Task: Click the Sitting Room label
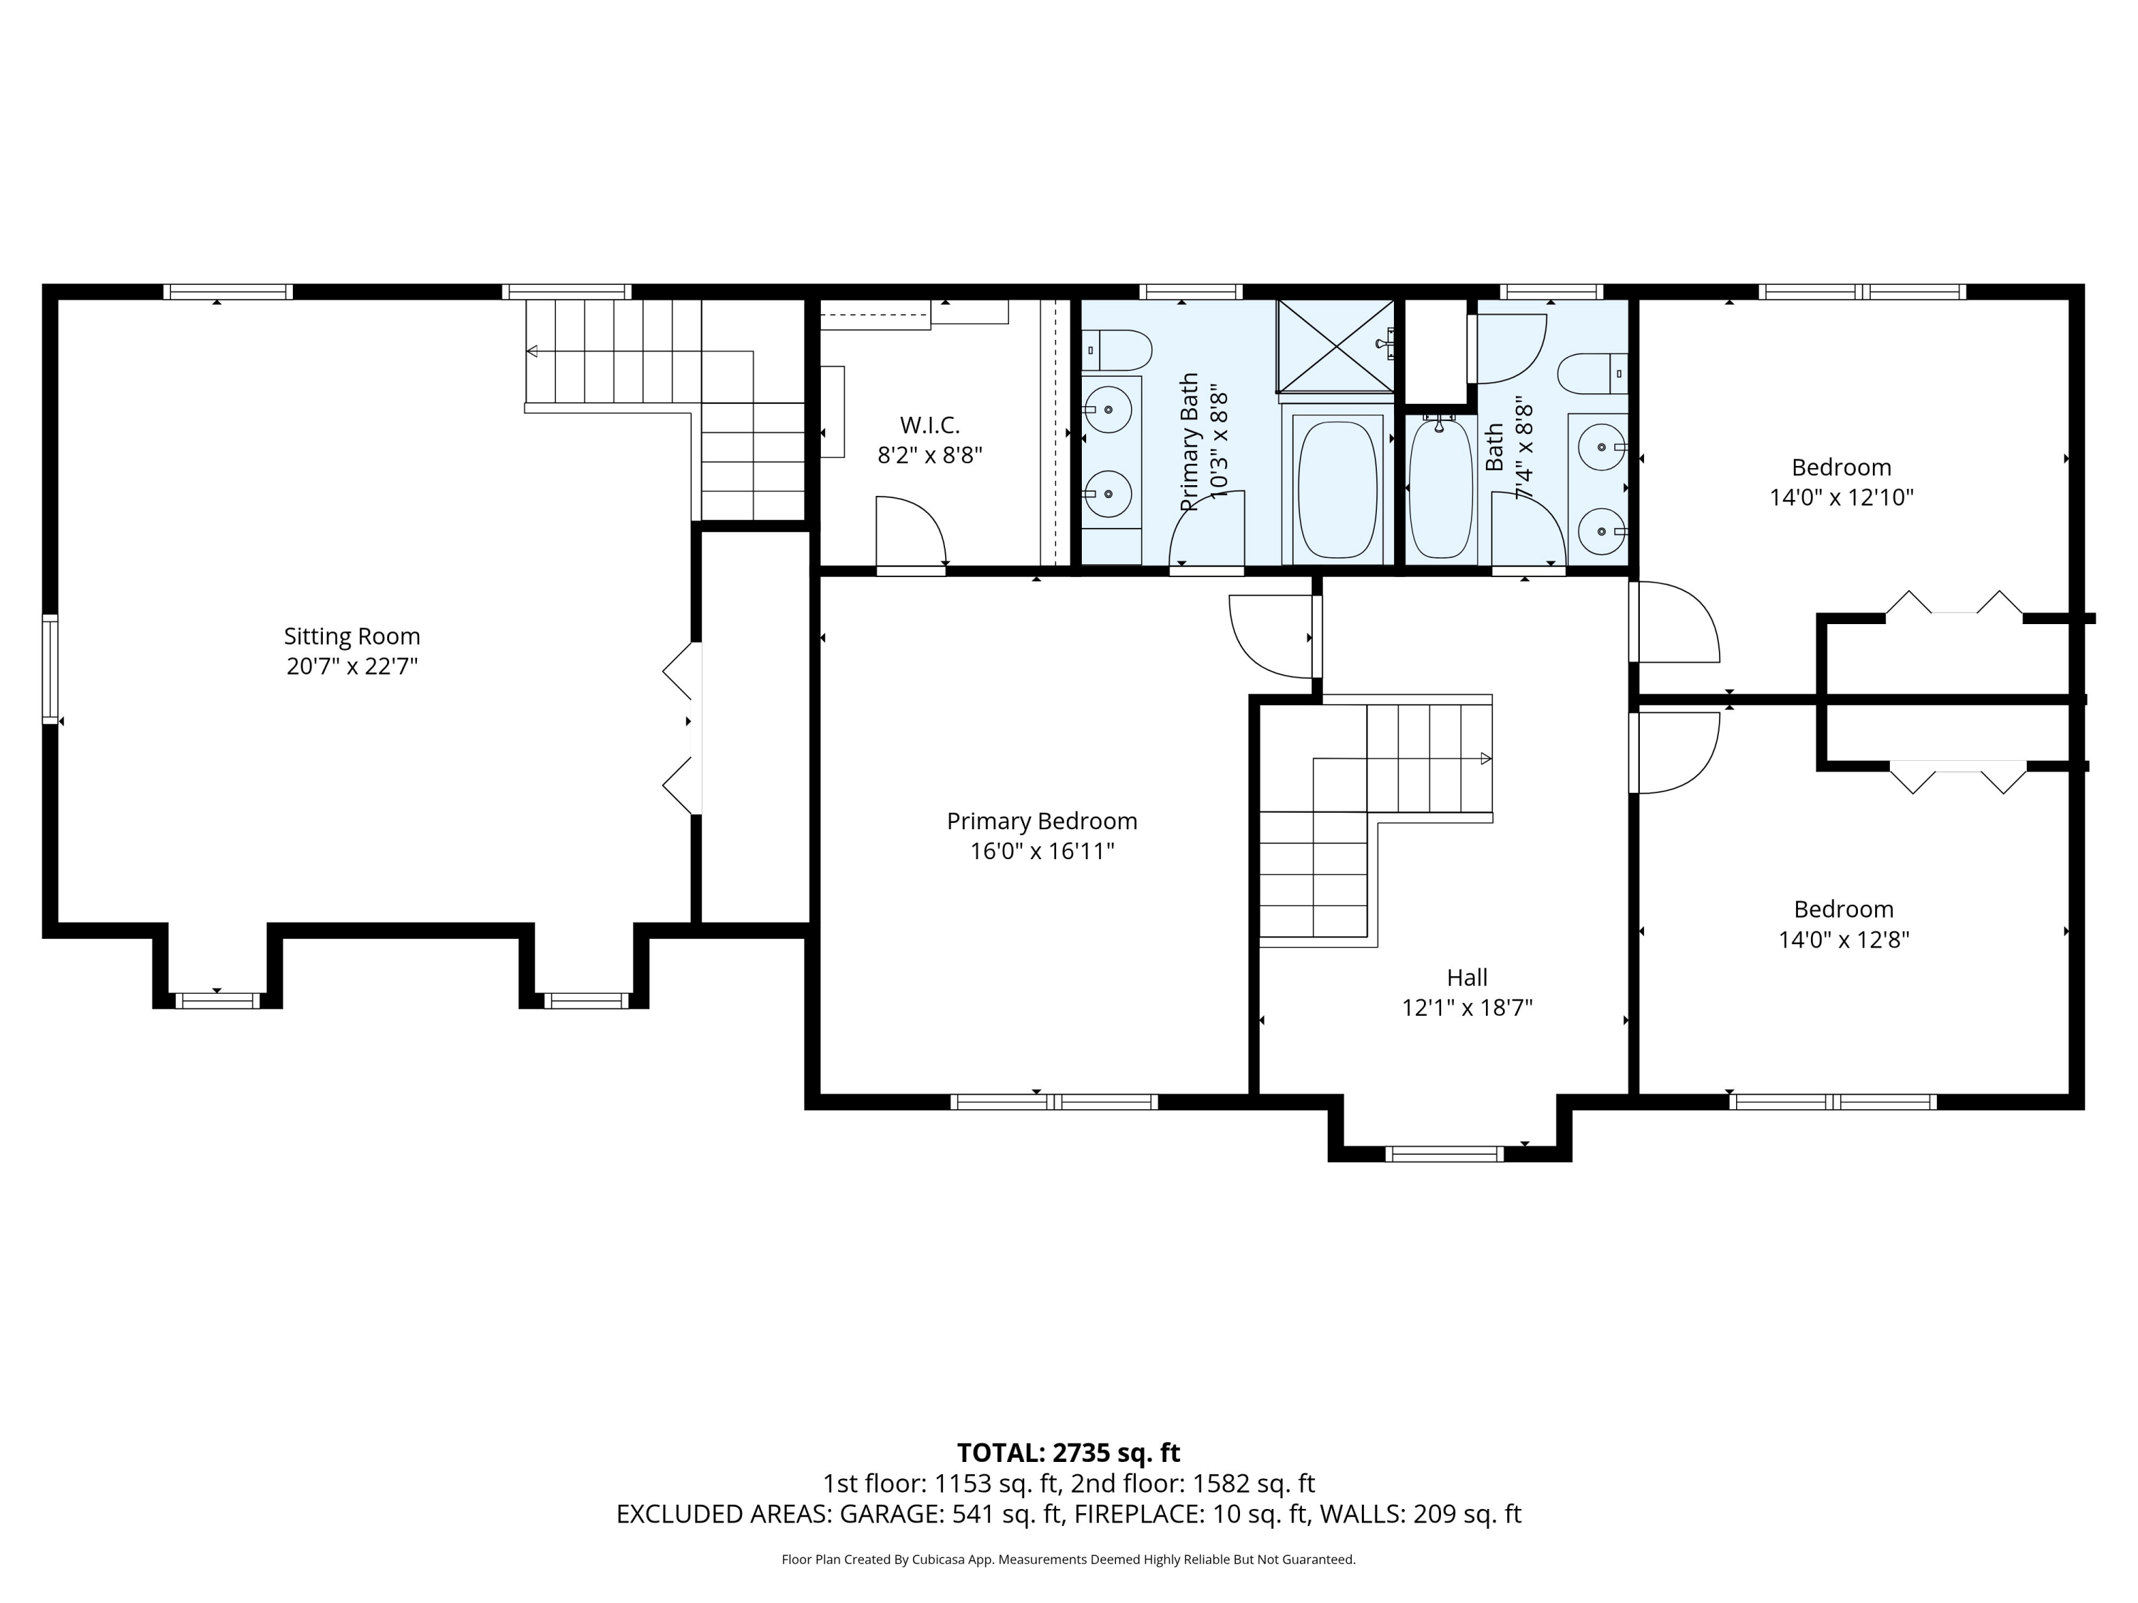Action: (352, 636)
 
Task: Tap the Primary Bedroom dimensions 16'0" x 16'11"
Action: (1042, 851)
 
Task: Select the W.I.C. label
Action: (930, 425)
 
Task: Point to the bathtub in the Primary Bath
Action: (1337, 487)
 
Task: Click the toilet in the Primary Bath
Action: (1116, 350)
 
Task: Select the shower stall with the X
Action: (1335, 346)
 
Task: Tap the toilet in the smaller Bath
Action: (1593, 374)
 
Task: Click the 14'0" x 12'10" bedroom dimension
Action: (1842, 497)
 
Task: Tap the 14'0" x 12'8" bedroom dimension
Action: (1843, 939)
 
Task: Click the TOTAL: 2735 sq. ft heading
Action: (1068, 1452)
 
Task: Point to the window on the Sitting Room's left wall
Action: (51, 669)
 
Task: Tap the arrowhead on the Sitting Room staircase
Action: (532, 351)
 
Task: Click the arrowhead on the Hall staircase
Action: (1486, 759)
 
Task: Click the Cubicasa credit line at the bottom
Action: (1068, 1559)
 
